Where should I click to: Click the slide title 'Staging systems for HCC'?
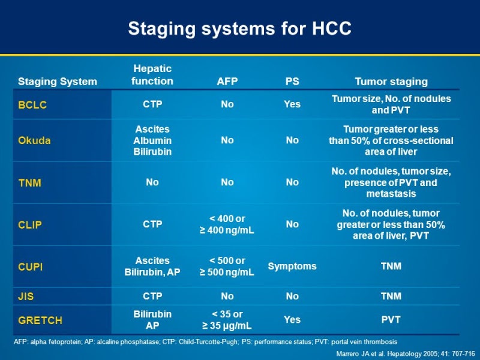240,28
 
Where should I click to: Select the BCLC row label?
32,104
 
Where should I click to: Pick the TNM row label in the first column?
30,182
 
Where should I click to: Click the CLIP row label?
31,224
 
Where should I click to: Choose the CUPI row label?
31,266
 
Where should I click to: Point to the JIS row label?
26,296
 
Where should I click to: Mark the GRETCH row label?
40,320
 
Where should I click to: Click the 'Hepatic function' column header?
152,75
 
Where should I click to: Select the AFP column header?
227,82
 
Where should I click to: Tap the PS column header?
292,82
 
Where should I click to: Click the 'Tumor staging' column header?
391,82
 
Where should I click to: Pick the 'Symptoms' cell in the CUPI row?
292,266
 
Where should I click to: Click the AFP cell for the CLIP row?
227,224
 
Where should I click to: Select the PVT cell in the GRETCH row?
391,320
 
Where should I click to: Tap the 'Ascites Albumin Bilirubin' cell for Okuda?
152,140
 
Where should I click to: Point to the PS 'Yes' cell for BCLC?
292,104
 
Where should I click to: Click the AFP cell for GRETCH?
227,320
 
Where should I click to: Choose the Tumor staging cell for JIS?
391,296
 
